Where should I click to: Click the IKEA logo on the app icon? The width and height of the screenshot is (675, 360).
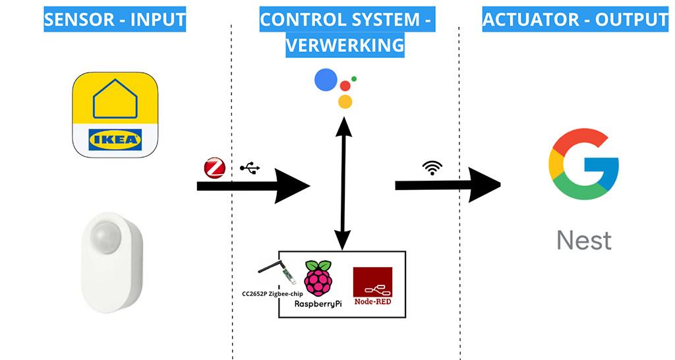click(x=115, y=139)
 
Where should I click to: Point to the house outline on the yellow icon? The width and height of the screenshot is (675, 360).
click(x=115, y=99)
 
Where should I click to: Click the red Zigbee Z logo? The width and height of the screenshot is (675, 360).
click(x=215, y=168)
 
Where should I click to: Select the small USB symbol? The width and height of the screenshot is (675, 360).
click(x=249, y=168)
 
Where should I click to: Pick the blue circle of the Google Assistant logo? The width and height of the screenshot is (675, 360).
click(x=326, y=80)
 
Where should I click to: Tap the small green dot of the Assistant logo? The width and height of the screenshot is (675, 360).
click(x=354, y=78)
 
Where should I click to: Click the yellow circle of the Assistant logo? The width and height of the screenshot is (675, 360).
click(x=345, y=101)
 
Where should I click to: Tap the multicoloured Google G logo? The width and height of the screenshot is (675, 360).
click(x=583, y=164)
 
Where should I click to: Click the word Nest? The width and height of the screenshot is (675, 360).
click(x=584, y=240)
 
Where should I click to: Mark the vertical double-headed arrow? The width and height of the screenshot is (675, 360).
click(x=342, y=181)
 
